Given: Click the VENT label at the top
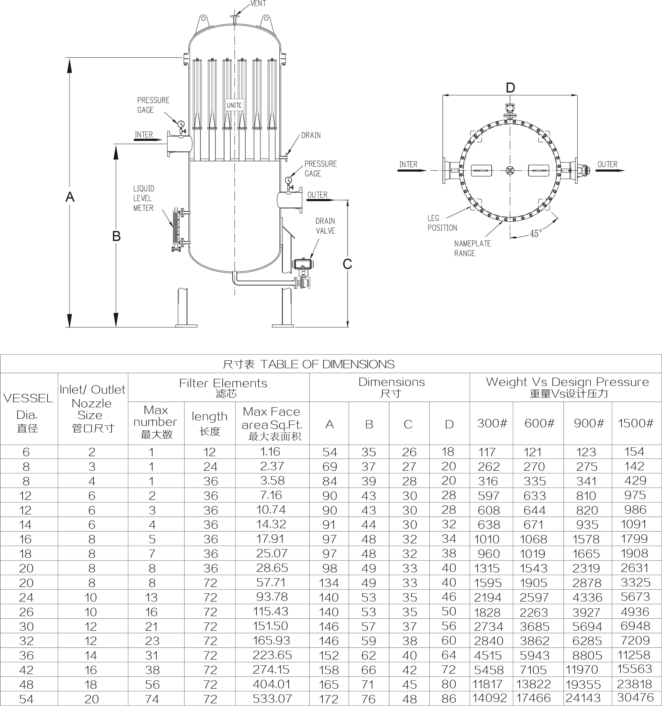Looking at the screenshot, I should (x=258, y=4).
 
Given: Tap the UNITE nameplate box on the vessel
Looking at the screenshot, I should (x=234, y=106).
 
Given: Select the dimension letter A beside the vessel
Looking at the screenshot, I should (x=70, y=197).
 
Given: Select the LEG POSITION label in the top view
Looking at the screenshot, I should (x=442, y=223).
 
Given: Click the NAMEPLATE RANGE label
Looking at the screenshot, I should (x=472, y=248).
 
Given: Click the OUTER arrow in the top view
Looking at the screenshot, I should (x=609, y=170).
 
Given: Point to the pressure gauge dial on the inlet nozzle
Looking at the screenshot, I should (x=181, y=124).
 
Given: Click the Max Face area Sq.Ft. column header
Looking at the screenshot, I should (x=272, y=423).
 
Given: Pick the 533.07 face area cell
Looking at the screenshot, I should (x=272, y=698).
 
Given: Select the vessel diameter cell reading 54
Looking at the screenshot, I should (x=26, y=699).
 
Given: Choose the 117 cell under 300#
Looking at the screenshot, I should (x=487, y=452).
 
